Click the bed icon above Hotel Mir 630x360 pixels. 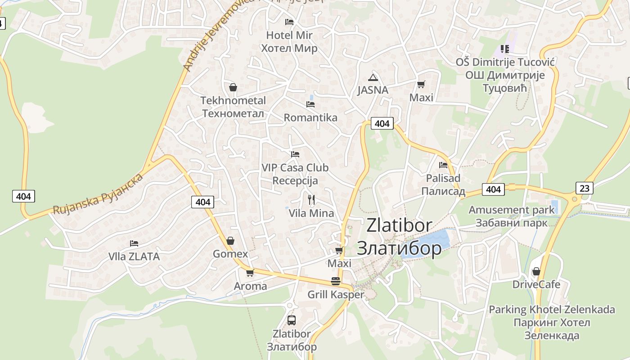[x=289, y=22]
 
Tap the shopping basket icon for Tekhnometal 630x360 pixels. [x=233, y=87]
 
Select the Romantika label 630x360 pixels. [x=310, y=118]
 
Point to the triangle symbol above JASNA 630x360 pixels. [x=373, y=77]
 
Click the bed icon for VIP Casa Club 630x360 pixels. [x=295, y=154]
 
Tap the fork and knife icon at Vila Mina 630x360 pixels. [x=311, y=199]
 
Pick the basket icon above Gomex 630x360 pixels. [x=230, y=241]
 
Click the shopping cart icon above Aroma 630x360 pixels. [x=250, y=273]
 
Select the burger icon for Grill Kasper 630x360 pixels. [x=336, y=281]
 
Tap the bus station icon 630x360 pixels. [x=292, y=320]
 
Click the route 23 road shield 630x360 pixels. [x=584, y=188]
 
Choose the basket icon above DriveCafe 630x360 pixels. [x=536, y=271]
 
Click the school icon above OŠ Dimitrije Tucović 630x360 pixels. [x=505, y=49]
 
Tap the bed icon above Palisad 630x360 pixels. [x=443, y=165]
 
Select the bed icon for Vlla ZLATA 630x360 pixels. [x=134, y=243]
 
